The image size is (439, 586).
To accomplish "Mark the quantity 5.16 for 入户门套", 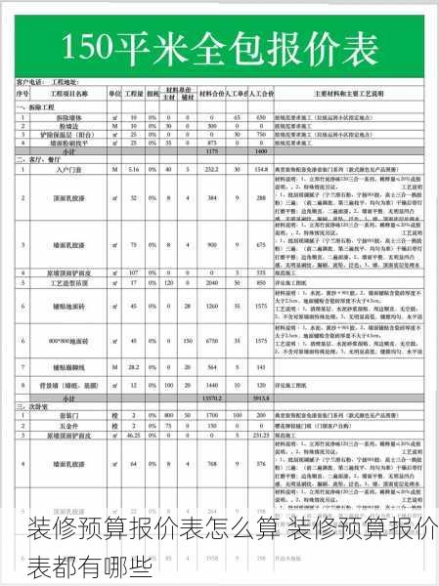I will pos(133,170).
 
